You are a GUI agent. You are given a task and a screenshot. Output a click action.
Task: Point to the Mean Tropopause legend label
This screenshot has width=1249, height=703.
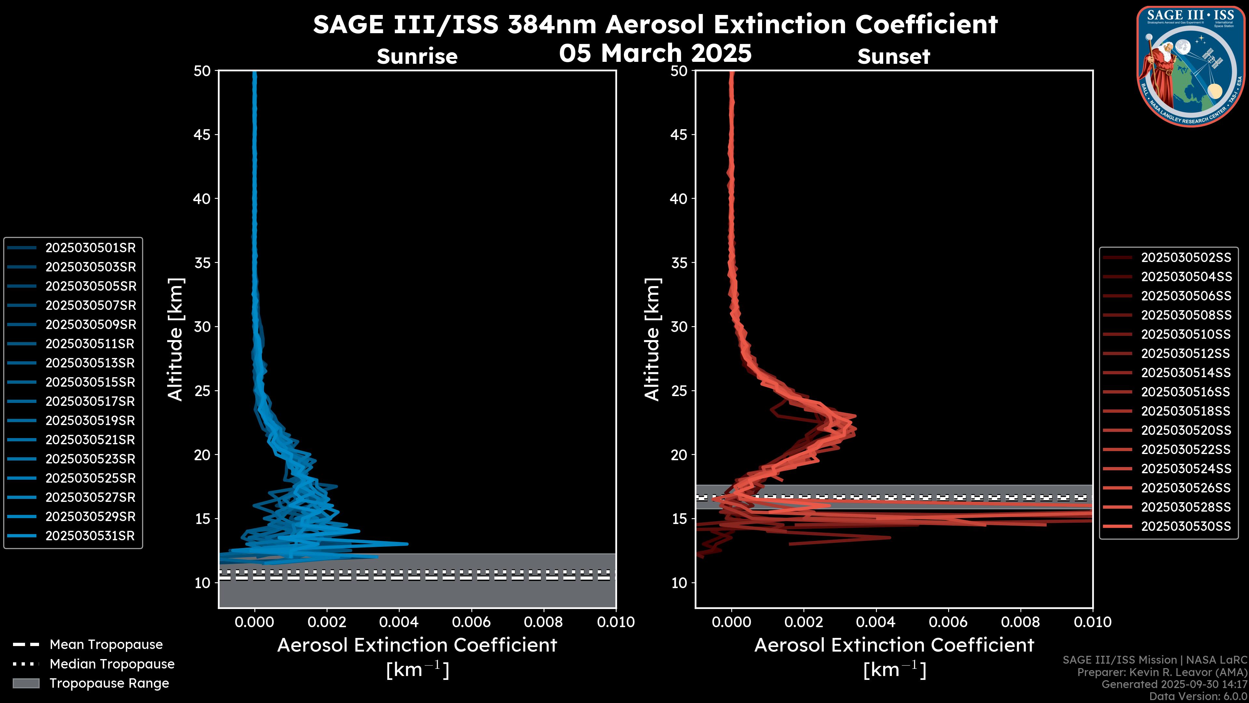pos(106,645)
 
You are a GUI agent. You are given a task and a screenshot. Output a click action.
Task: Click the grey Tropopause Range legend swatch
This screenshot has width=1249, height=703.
pos(26,683)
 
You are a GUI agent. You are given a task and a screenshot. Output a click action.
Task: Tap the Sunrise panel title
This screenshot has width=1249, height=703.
pos(417,56)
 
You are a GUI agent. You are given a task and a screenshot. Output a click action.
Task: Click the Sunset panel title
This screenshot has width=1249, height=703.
pos(893,56)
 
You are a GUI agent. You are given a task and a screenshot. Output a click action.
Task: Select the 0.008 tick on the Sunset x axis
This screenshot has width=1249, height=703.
pos(1021,622)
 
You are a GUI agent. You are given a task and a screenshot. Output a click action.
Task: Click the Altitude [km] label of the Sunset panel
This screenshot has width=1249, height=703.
pos(652,339)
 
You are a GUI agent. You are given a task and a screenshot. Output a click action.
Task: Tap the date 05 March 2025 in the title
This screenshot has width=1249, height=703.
pos(655,53)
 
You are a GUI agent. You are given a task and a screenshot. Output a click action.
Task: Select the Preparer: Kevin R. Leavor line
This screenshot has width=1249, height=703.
pos(1162,672)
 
